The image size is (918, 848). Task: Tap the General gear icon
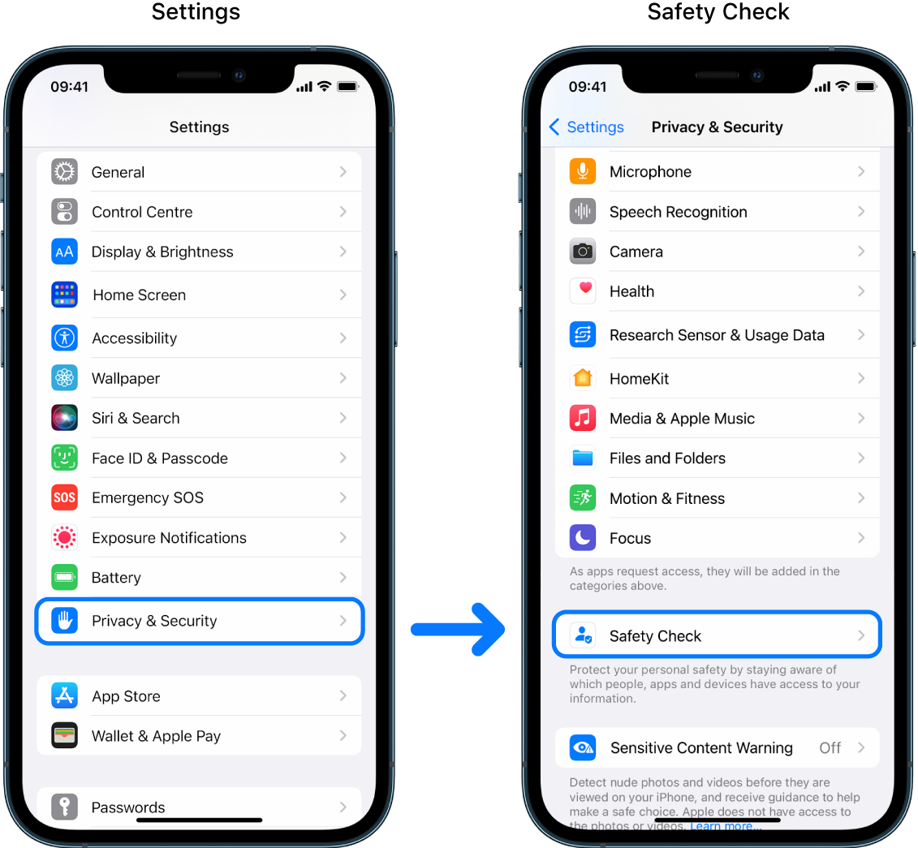(x=64, y=172)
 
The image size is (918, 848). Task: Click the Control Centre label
(x=142, y=212)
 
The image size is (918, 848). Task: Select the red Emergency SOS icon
(x=64, y=497)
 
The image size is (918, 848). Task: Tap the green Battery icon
(x=64, y=577)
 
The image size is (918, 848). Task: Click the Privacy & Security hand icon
(x=64, y=621)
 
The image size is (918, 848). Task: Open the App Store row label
(x=126, y=696)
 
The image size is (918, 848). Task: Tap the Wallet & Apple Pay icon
(x=64, y=736)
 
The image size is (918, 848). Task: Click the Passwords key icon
(x=64, y=807)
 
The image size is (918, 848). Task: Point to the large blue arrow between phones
(x=459, y=629)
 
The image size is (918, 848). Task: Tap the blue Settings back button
(x=587, y=127)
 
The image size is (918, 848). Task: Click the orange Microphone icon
(x=582, y=171)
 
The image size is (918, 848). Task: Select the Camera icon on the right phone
(x=582, y=252)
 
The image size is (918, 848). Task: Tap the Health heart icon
(x=582, y=291)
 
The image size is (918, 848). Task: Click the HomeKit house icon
(x=582, y=378)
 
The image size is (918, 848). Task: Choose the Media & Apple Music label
(x=682, y=419)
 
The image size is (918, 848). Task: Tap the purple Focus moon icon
(x=582, y=538)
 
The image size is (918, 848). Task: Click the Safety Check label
(x=655, y=636)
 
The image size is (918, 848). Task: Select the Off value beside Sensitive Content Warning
(x=830, y=748)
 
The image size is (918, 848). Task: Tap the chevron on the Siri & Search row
(x=343, y=418)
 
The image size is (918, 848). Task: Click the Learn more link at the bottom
(x=725, y=826)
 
